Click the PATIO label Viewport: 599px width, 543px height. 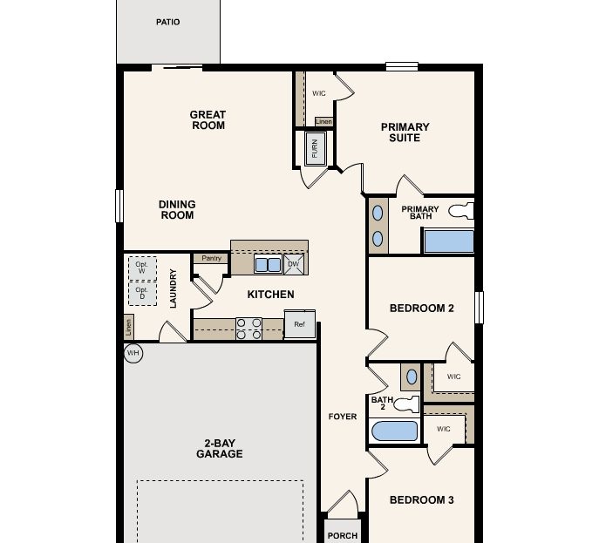168,22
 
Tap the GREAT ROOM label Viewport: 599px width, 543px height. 208,120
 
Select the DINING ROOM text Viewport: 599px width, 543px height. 177,210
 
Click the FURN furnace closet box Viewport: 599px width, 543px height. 315,148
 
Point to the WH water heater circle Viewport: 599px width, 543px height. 133,353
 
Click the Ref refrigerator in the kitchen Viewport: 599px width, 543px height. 299,325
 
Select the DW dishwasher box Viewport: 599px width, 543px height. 293,263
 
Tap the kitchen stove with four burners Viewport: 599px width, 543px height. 248,329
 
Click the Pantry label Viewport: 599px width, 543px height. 211,258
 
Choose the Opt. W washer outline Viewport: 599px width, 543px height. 142,268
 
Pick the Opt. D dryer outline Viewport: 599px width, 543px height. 142,295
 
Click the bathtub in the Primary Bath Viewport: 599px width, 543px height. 448,241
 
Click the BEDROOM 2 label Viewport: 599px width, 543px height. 421,308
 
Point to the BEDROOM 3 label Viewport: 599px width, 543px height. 421,500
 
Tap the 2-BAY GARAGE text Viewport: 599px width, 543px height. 219,449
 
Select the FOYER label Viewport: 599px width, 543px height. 343,417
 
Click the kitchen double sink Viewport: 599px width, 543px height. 267,263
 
